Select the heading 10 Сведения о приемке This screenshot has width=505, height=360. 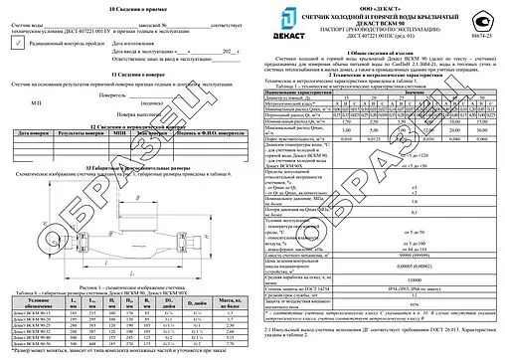tap(124, 6)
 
